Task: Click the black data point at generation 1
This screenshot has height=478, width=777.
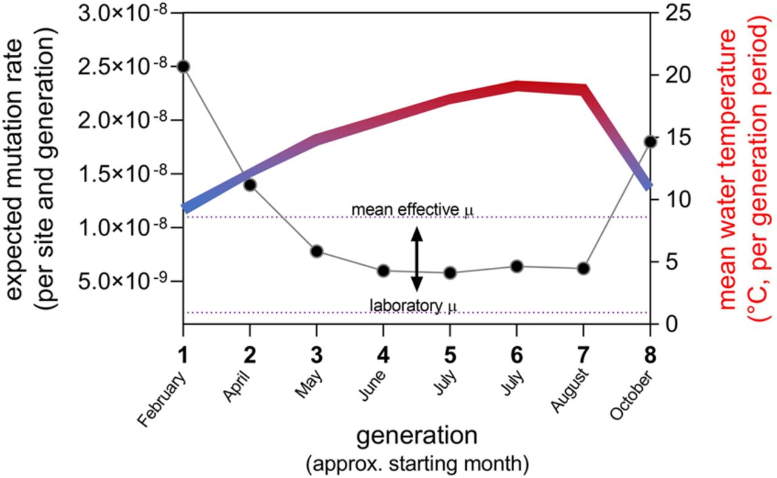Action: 183,66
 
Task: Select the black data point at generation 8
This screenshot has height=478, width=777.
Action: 650,142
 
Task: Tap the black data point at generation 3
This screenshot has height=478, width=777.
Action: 316,251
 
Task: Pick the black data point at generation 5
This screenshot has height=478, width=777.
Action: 450,273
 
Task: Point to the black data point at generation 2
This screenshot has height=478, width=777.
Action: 249,185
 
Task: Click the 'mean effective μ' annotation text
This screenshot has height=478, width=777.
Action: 412,210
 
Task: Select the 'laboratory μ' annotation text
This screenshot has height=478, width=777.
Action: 412,303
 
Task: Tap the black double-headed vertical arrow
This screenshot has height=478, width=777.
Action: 416,258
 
